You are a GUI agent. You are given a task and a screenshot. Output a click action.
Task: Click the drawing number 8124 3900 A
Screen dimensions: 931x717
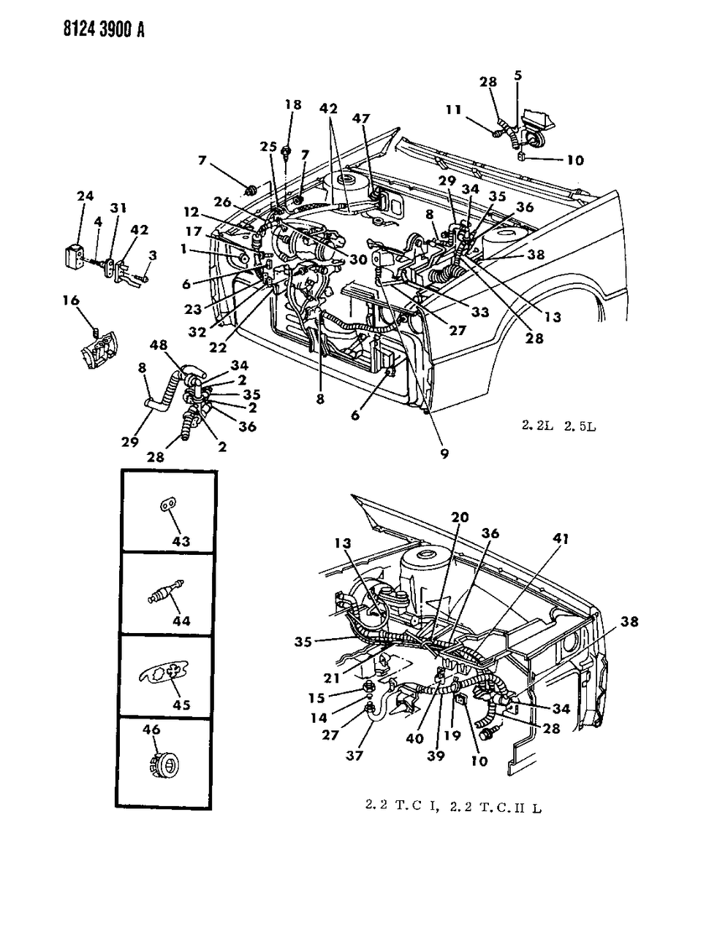pos(76,29)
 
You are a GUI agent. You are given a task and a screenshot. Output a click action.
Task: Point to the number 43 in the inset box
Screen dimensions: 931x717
pos(181,541)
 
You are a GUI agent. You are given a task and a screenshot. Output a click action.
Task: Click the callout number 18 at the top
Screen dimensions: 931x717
pos(292,105)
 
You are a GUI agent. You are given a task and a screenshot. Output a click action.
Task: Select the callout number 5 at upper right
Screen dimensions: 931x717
pos(518,74)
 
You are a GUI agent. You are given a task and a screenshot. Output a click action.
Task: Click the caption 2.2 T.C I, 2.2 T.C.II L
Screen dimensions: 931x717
pos(452,808)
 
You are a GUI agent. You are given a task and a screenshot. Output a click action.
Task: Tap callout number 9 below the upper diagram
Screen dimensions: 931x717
pos(444,453)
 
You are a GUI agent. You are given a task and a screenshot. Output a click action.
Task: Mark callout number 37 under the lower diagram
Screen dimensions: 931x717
pos(354,756)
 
